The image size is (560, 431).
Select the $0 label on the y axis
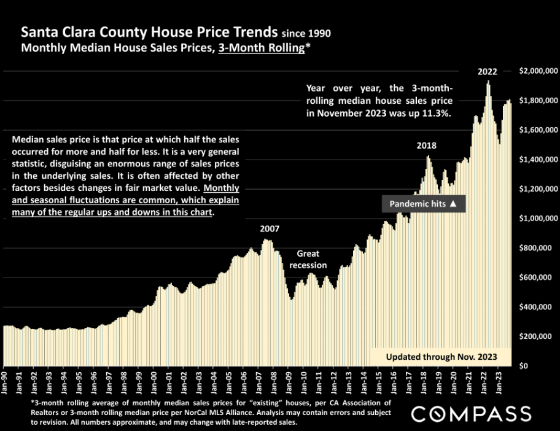(523, 366)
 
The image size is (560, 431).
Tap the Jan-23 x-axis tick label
(502, 382)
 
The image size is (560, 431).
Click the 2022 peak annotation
(488, 71)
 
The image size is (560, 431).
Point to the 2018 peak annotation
(426, 146)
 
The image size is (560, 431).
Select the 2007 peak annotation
(270, 228)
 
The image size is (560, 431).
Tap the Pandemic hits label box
(424, 204)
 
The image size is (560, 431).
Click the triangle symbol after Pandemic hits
(453, 204)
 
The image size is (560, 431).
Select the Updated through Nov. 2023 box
(440, 357)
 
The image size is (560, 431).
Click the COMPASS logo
(471, 413)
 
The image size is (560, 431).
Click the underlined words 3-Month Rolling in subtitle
(260, 48)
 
